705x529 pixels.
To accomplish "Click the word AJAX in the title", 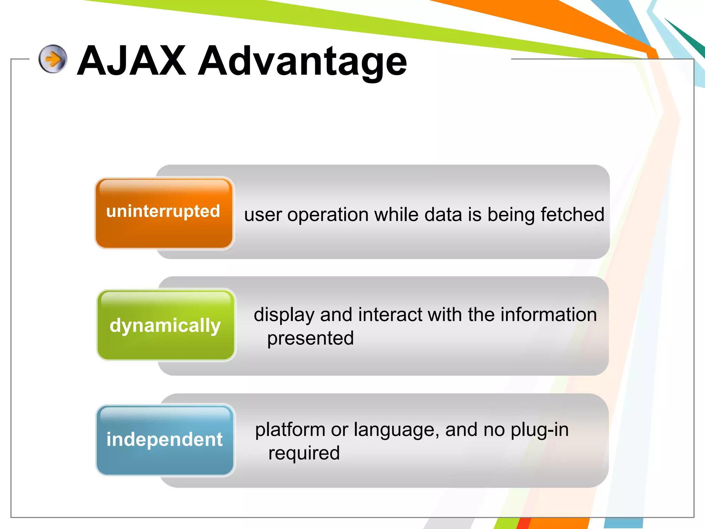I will (132, 61).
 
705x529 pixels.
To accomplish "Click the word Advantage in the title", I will (302, 62).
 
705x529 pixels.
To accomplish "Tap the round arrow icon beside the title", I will (53, 59).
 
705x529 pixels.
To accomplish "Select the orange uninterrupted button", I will (164, 213).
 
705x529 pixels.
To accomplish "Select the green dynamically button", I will (166, 325).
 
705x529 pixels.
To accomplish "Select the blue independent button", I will (165, 440).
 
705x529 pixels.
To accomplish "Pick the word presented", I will (311, 338).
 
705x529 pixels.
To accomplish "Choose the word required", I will (304, 453).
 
